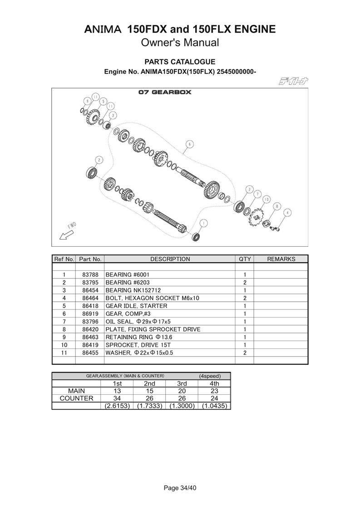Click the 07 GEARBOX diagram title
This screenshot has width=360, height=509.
pyautogui.click(x=165, y=93)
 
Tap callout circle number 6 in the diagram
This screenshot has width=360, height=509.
pyautogui.click(x=189, y=144)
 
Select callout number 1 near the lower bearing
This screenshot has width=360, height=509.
pyautogui.click(x=203, y=222)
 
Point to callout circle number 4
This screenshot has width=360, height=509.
pyautogui.click(x=288, y=212)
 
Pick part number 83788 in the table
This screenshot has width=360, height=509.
pyautogui.click(x=90, y=274)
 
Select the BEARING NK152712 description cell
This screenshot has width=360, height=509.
pyautogui.click(x=133, y=290)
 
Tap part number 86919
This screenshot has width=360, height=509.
pyautogui.click(x=90, y=313)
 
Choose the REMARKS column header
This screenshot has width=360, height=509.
pyautogui.click(x=281, y=259)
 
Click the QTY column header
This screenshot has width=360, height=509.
pyautogui.click(x=244, y=259)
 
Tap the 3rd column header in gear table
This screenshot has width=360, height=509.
pyautogui.click(x=182, y=383)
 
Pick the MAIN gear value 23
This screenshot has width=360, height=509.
pyautogui.click(x=215, y=391)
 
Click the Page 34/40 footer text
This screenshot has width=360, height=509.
pyautogui.click(x=180, y=488)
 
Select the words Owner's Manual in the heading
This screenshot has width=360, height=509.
pyautogui.click(x=180, y=43)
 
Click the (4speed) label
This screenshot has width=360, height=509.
pyautogui.click(x=210, y=376)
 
